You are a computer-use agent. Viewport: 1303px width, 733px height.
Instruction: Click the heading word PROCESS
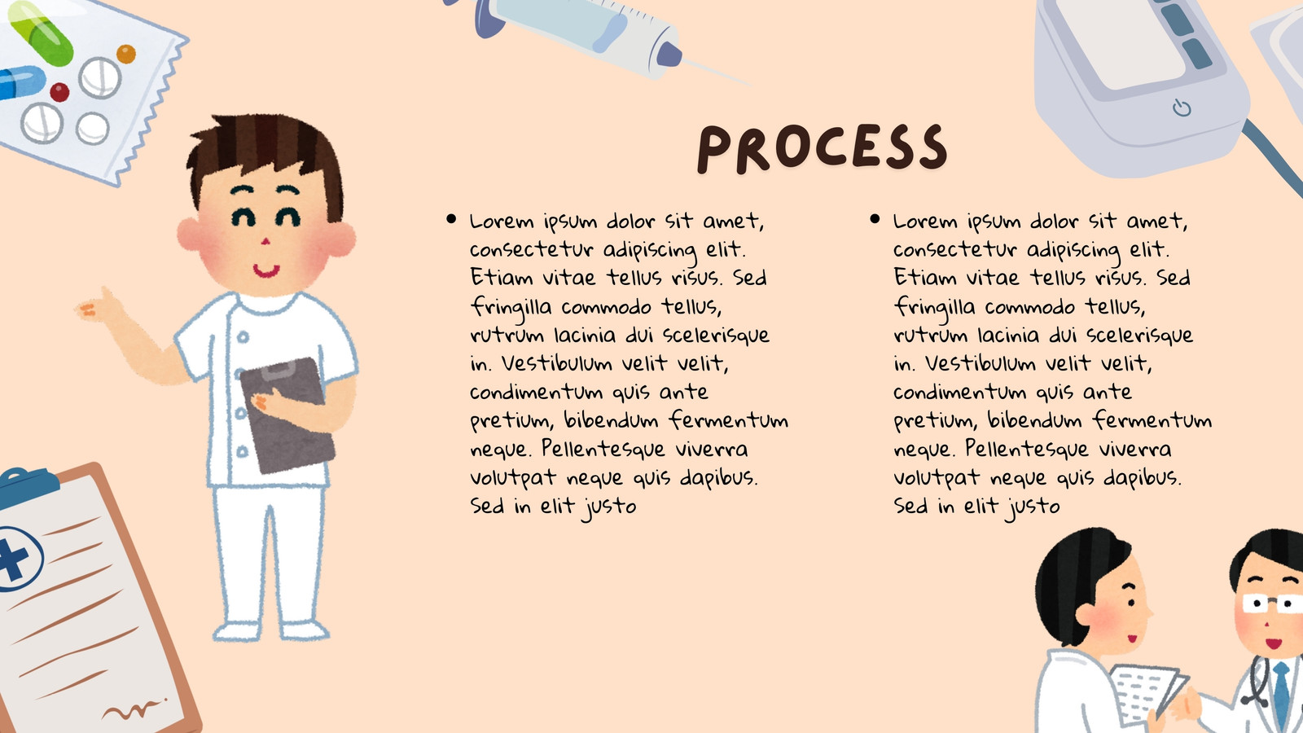(x=823, y=148)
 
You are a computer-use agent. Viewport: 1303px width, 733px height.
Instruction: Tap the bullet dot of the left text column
(x=451, y=219)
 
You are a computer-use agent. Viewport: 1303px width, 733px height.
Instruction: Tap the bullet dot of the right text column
(x=875, y=219)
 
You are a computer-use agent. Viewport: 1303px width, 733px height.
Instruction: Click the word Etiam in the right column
(x=925, y=277)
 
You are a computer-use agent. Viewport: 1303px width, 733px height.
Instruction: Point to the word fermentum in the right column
(x=1152, y=419)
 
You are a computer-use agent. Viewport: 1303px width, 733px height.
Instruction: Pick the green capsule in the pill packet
(x=41, y=33)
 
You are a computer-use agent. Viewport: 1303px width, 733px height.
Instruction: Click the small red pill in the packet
(x=59, y=92)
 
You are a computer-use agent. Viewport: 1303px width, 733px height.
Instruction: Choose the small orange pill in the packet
(x=126, y=54)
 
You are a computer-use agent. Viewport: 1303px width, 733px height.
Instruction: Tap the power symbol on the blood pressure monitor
(x=1182, y=108)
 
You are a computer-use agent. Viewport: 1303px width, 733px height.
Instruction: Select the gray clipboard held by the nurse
(x=287, y=415)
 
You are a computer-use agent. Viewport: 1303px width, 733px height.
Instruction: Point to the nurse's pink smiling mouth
(x=265, y=270)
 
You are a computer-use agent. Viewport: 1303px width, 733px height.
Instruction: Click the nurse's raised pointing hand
(x=99, y=306)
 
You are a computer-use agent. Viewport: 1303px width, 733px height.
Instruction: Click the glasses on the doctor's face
(x=1271, y=604)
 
